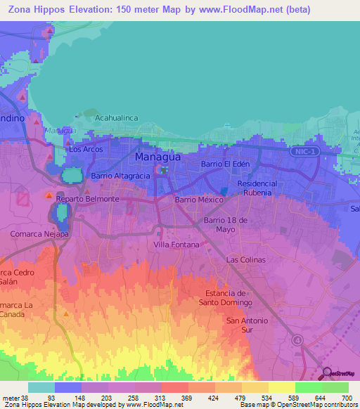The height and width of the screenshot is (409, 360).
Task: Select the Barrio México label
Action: coord(199,200)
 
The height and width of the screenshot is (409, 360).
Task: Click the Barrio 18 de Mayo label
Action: coord(227,224)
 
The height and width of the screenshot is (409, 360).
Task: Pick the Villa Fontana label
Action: coord(176,245)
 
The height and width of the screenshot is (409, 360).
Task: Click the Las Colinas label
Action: coord(245,259)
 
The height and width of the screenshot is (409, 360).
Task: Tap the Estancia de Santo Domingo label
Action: coord(225,297)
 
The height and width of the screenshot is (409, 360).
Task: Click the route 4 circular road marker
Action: coord(297,340)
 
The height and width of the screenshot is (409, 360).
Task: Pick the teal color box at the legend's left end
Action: coord(41,387)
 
